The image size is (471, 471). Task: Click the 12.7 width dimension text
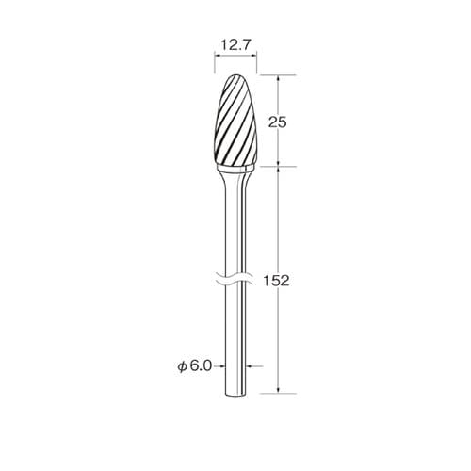pos(235,45)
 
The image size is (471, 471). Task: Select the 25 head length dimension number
pos(278,122)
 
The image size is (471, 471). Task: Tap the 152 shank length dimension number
pos(276,281)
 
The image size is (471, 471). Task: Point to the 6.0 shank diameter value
pos(201,365)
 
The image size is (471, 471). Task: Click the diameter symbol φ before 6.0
pos(182,366)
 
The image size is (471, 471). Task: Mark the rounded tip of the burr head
pos(236,75)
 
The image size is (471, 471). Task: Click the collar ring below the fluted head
pos(235,170)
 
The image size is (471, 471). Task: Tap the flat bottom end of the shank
pos(235,394)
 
